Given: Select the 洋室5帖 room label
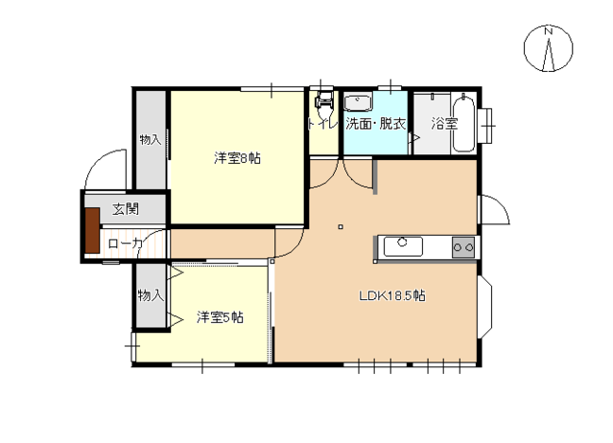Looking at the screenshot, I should tap(219, 317).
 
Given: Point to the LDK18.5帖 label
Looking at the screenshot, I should tap(391, 295).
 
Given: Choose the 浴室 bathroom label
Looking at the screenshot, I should tap(444, 123).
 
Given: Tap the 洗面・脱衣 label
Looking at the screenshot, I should tap(375, 123).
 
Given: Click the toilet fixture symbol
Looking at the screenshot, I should tap(324, 102).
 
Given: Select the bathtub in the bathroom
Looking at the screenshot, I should tap(463, 122).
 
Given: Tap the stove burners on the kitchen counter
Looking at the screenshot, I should tap(463, 247).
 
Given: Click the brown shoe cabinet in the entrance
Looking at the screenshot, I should tap(91, 230).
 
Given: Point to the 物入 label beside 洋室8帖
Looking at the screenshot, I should tap(149, 140).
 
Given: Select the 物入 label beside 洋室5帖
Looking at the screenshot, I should tap(149, 295).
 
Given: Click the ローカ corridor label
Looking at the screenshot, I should tap(124, 244).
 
